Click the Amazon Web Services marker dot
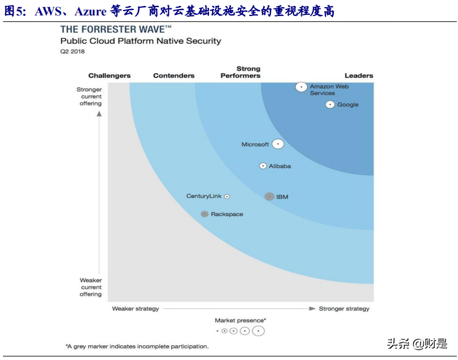pyautogui.click(x=302, y=87)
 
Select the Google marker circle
pyautogui.click(x=330, y=105)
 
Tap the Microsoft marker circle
pyautogui.click(x=278, y=144)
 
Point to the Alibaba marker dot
pyautogui.click(x=263, y=166)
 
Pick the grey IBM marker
pyautogui.click(x=269, y=197)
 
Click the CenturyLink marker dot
pyautogui.click(x=227, y=197)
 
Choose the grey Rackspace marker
pyautogui.click(x=204, y=214)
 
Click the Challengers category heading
pyautogui.click(x=109, y=76)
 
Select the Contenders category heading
pyautogui.click(x=173, y=76)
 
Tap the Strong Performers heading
pyautogui.click(x=241, y=72)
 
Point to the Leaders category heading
pyautogui.click(x=359, y=76)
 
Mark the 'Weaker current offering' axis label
pyautogui.click(x=91, y=287)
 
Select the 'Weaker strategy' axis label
pyautogui.click(x=135, y=309)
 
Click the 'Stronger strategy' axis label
pyautogui.click(x=344, y=309)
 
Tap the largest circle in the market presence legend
pyautogui.click(x=258, y=331)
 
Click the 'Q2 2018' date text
pyautogui.click(x=72, y=52)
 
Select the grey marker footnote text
pyautogui.click(x=137, y=346)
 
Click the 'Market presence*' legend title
pyautogui.click(x=240, y=320)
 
